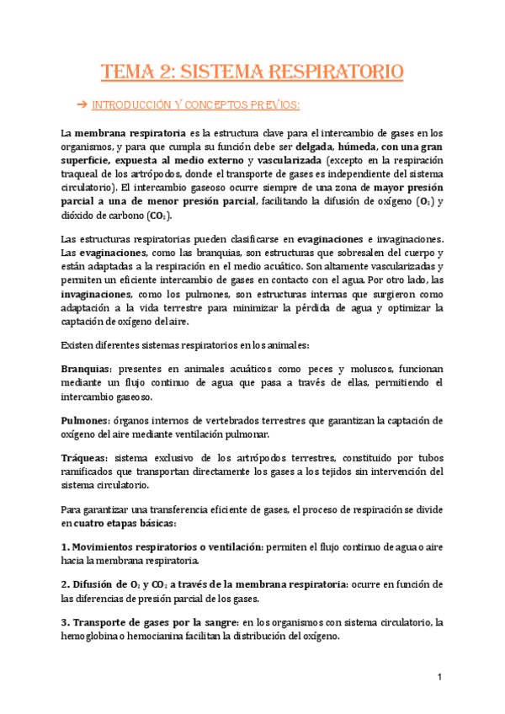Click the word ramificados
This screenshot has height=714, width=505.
(x=92, y=472)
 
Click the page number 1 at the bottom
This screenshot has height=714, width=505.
(x=439, y=678)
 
